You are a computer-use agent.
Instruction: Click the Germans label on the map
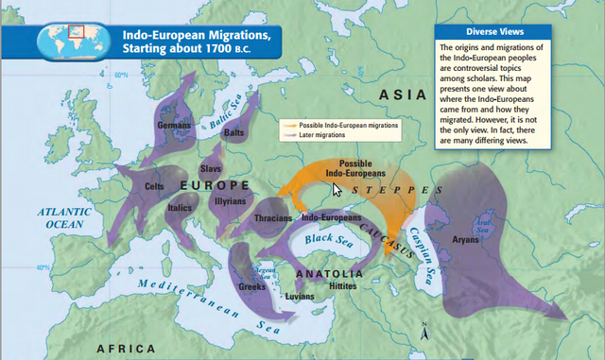(x=174, y=125)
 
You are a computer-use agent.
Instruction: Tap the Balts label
(x=233, y=134)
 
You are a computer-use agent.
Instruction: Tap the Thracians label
(x=273, y=217)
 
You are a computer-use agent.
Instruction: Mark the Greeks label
(x=251, y=286)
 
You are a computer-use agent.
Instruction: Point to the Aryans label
(x=466, y=240)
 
